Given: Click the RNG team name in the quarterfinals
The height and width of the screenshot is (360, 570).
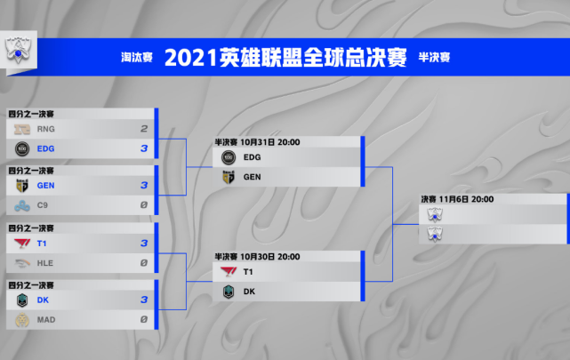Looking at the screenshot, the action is pyautogui.click(x=46, y=129).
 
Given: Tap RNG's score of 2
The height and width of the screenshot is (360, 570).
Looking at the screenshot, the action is pyautogui.click(x=144, y=129).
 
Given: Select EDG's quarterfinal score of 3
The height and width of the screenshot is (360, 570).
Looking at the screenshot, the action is pyautogui.click(x=144, y=148).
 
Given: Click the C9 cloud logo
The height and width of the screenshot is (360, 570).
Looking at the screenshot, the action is pyautogui.click(x=22, y=205).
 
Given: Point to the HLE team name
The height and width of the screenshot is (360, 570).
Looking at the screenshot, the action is pyautogui.click(x=45, y=263).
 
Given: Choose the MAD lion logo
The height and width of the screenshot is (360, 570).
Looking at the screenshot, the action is pyautogui.click(x=22, y=320).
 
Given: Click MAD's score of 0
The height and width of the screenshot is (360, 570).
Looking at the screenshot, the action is pyautogui.click(x=144, y=319).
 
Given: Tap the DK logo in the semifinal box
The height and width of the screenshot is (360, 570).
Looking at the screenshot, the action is pyautogui.click(x=229, y=292).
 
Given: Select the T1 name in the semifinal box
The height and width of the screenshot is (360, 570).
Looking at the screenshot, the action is pyautogui.click(x=248, y=272).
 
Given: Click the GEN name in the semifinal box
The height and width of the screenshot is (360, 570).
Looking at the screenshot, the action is pyautogui.click(x=252, y=177).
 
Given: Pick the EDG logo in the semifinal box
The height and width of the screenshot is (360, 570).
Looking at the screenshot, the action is pyautogui.click(x=229, y=157).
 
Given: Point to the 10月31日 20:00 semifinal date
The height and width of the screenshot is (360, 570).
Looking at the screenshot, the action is pyautogui.click(x=270, y=142).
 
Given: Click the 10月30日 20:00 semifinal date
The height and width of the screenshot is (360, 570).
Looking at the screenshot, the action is pyautogui.click(x=270, y=257).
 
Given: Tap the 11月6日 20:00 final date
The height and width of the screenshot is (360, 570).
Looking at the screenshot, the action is pyautogui.click(x=466, y=199).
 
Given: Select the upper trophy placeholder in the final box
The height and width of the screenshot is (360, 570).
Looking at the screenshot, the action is pyautogui.click(x=435, y=214).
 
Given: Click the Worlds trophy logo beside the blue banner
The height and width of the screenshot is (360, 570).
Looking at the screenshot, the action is pyautogui.click(x=18, y=50).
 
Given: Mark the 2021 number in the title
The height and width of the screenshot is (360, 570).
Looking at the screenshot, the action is pyautogui.click(x=191, y=58).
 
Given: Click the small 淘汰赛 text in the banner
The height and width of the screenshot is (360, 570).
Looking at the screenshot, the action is pyautogui.click(x=137, y=58).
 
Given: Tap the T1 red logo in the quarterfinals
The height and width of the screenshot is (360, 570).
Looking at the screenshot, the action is pyautogui.click(x=22, y=244).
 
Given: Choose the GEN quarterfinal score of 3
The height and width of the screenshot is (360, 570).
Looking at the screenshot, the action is pyautogui.click(x=144, y=185).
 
